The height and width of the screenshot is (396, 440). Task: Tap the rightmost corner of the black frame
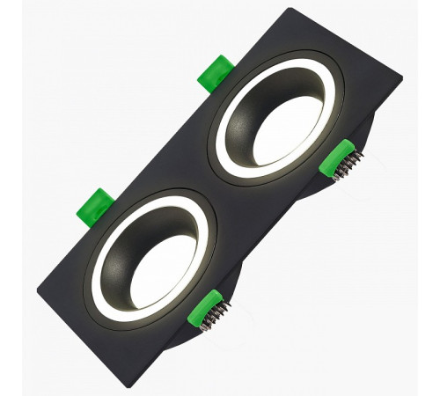(x=401, y=77)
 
